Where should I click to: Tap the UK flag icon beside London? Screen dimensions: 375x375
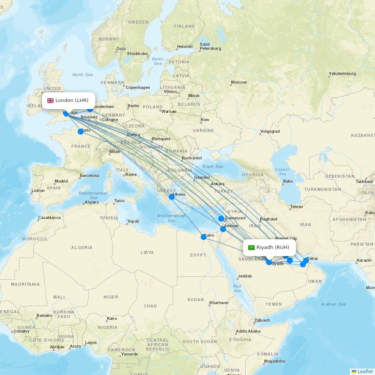50,100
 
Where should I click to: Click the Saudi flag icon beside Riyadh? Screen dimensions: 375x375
251,247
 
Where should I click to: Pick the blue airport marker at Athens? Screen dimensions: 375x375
172,196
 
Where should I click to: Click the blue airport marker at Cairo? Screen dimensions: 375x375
204,237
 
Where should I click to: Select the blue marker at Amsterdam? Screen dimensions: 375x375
90,109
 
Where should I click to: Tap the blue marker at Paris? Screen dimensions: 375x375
81,131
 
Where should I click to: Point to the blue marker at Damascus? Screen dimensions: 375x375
221,218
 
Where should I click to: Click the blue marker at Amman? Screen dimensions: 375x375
223,229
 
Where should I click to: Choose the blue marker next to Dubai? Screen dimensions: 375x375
306,260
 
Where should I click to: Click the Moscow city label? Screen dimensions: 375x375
239,82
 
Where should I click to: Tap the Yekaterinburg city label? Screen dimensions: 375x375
342,73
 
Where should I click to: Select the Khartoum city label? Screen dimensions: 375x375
219,303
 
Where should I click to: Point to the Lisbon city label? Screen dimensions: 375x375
38,190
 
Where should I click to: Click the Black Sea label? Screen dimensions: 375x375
213,166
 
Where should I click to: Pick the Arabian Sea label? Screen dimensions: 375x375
333,304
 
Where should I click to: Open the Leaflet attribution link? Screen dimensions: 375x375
365,371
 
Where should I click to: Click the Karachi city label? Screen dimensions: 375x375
364,260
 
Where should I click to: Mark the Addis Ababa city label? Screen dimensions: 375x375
248,331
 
